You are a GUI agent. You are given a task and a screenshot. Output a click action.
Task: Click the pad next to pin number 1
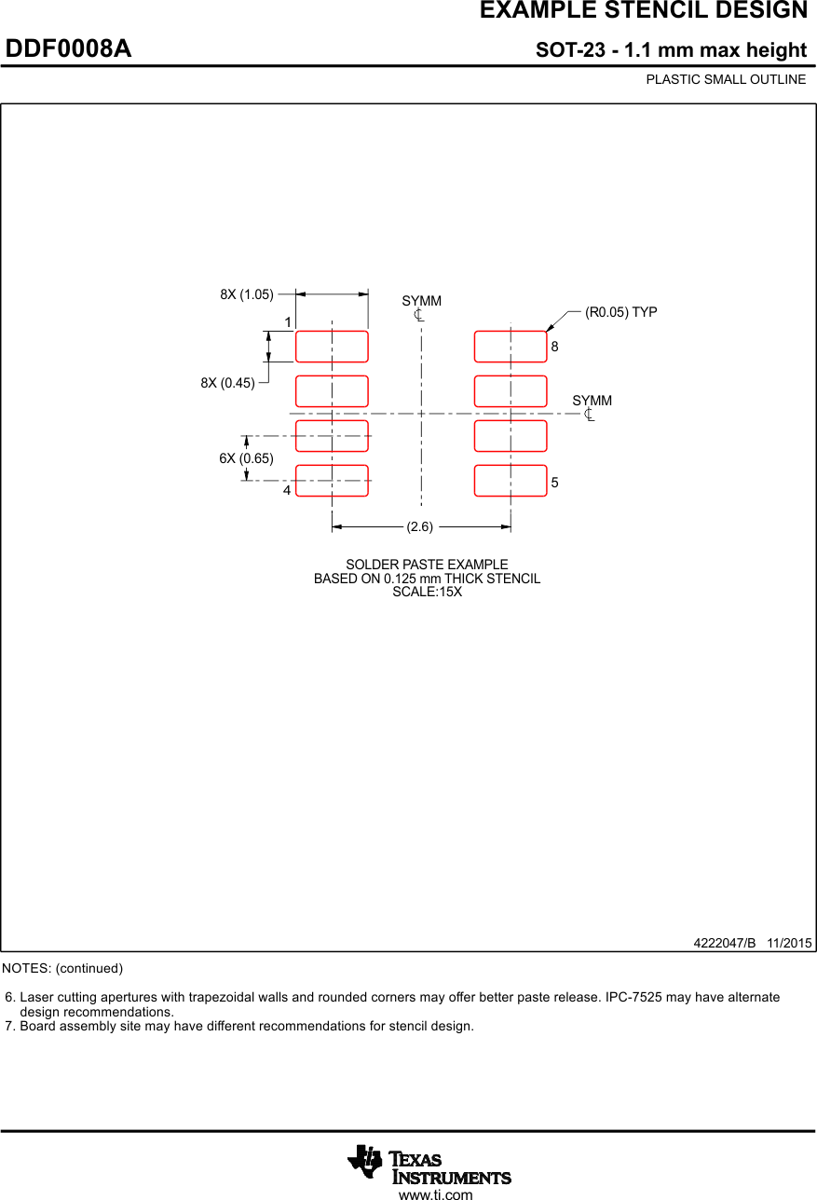(x=332, y=346)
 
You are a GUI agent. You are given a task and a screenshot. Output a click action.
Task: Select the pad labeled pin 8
(x=511, y=346)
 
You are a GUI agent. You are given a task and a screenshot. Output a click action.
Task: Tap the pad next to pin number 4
(x=332, y=481)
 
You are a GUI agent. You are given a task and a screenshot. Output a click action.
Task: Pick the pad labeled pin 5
(x=511, y=481)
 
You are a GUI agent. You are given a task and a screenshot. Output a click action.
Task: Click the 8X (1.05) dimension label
(x=247, y=294)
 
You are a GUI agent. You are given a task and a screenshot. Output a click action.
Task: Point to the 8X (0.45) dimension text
(x=227, y=382)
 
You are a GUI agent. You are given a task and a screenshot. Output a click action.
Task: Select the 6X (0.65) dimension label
(x=246, y=458)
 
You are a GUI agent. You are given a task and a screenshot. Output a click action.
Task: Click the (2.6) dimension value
(x=420, y=526)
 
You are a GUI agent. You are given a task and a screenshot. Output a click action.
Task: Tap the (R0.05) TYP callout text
(x=620, y=312)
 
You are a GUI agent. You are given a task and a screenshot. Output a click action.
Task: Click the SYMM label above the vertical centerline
(x=422, y=301)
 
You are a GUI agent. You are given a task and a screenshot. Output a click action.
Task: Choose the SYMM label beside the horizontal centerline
(x=592, y=401)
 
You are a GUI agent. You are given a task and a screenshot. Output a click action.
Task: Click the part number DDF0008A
(x=69, y=48)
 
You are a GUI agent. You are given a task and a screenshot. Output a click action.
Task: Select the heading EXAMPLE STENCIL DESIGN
(x=643, y=11)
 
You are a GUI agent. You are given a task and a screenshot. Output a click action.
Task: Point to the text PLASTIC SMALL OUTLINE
(x=726, y=79)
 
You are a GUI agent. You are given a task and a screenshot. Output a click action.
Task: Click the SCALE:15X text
(x=427, y=592)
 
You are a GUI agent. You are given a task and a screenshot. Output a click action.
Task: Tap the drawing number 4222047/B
(x=725, y=943)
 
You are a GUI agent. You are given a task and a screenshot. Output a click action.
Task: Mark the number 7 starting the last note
(x=9, y=1026)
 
